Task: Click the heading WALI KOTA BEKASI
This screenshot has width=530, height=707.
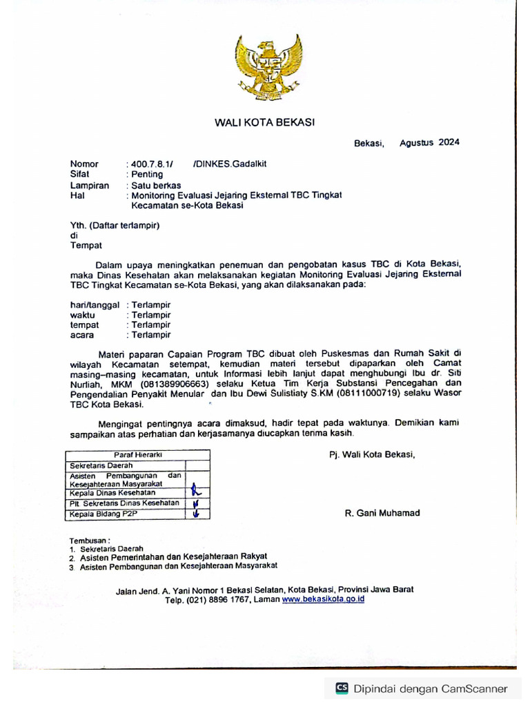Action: pyautogui.click(x=264, y=122)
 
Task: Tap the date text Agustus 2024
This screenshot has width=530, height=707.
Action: pyautogui.click(x=429, y=143)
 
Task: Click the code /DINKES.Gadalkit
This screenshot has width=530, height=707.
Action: pyautogui.click(x=230, y=164)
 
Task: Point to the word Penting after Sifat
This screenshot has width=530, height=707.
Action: pyautogui.click(x=147, y=175)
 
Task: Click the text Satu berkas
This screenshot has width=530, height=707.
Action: pyautogui.click(x=156, y=185)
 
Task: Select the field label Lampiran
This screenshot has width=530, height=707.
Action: pyautogui.click(x=90, y=185)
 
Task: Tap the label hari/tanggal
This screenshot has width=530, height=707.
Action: pyautogui.click(x=95, y=304)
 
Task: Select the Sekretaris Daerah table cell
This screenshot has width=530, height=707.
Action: pyautogui.click(x=98, y=466)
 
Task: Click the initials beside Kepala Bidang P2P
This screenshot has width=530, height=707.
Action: pyautogui.click(x=197, y=513)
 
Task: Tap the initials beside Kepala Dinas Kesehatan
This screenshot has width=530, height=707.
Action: pyautogui.click(x=197, y=492)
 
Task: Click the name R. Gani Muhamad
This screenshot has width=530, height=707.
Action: pyautogui.click(x=382, y=513)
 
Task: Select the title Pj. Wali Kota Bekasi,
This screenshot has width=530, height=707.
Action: pyautogui.click(x=372, y=454)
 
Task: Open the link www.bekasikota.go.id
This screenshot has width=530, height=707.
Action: pyautogui.click(x=322, y=599)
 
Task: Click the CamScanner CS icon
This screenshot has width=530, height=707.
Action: pyautogui.click(x=342, y=688)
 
